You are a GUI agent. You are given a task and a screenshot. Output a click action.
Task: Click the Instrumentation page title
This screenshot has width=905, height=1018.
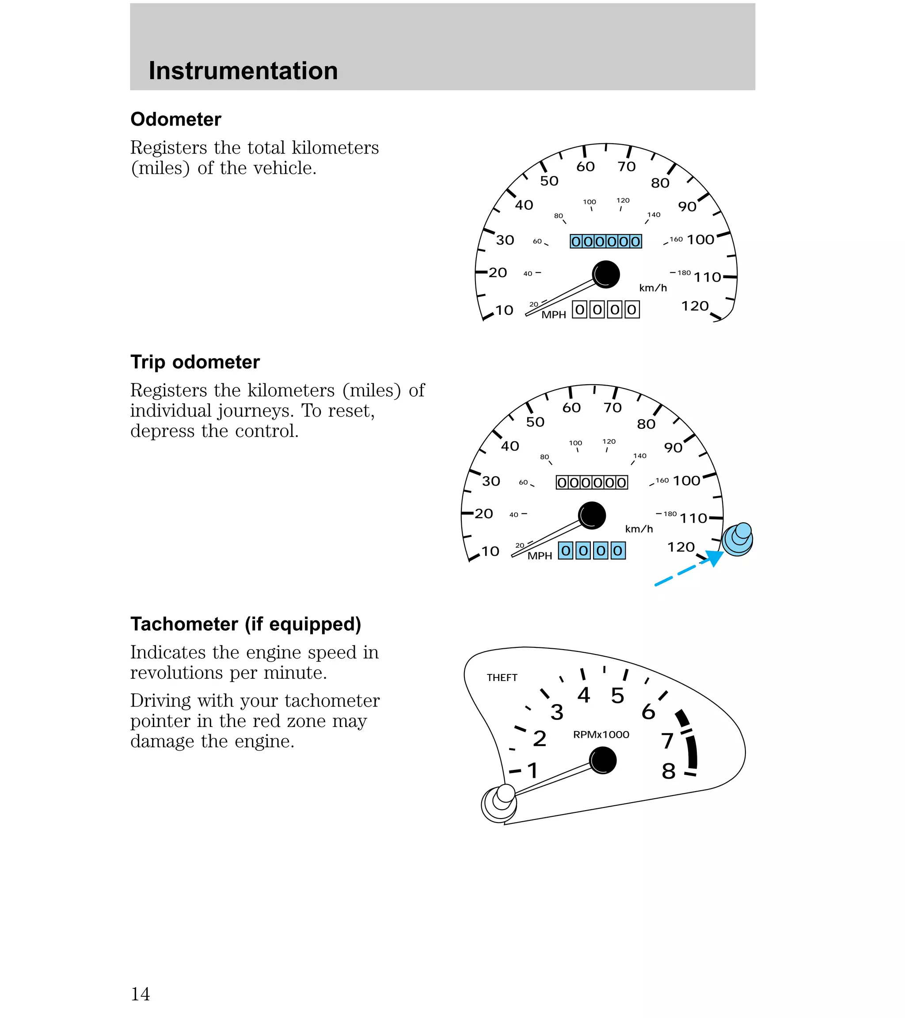(243, 71)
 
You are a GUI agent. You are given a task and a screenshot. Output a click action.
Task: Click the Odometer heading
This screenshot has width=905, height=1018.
(176, 119)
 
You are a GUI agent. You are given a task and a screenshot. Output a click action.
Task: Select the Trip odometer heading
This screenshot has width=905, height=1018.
(194, 362)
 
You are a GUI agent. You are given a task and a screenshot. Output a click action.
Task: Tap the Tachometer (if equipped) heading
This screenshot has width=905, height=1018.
(245, 624)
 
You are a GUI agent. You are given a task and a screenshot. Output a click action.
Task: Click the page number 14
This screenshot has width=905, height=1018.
(140, 994)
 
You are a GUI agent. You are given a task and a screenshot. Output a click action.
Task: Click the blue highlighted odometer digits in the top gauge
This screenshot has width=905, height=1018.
(605, 241)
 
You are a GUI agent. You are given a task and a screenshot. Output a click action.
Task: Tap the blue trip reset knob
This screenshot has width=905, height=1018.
(738, 539)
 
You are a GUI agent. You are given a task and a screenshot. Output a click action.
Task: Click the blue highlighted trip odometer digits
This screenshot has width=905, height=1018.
(591, 550)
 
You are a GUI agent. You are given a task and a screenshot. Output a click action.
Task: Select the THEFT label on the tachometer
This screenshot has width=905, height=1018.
(502, 677)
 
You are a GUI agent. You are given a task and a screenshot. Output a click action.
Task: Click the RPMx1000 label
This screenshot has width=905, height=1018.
(601, 735)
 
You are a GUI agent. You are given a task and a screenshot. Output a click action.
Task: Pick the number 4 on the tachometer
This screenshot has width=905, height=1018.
(583, 695)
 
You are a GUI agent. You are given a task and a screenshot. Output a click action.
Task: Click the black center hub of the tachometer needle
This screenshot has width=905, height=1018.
(603, 761)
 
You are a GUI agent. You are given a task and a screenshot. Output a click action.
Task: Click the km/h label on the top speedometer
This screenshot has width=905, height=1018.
(653, 288)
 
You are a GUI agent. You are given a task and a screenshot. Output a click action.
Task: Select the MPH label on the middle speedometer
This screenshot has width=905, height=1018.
(540, 556)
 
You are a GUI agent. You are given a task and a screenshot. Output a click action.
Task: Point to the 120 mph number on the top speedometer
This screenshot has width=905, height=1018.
(694, 306)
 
